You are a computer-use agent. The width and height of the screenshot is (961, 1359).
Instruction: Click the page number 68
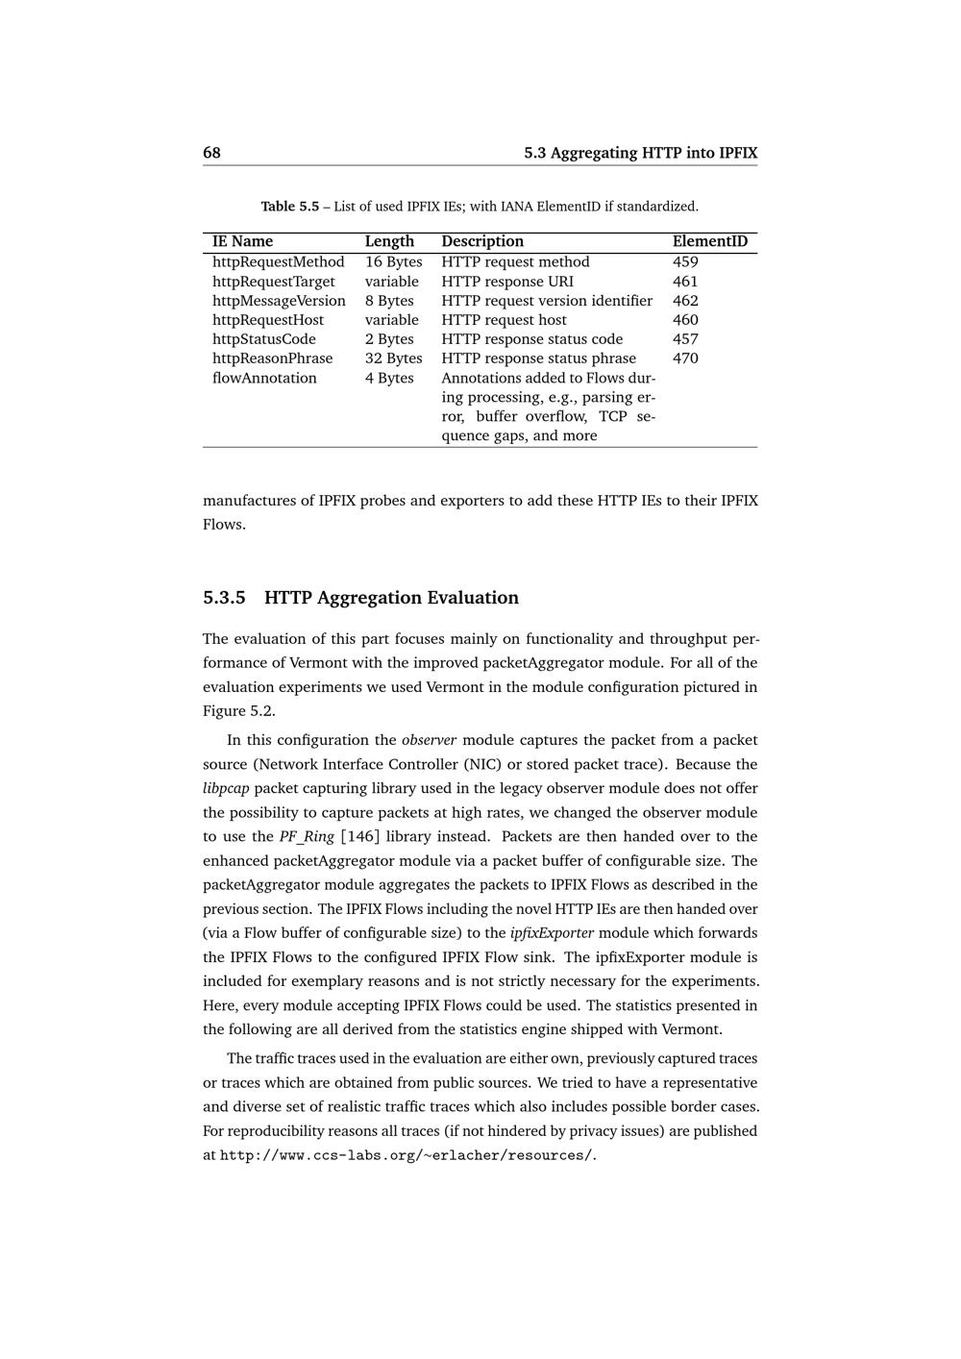point(211,153)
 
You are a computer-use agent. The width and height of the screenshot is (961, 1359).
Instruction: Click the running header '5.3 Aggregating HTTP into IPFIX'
point(640,153)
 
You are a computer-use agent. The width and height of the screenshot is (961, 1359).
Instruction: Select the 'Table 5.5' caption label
point(289,207)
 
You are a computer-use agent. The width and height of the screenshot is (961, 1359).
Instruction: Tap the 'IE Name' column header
point(242,241)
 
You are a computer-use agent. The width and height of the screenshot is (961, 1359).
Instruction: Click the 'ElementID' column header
point(709,241)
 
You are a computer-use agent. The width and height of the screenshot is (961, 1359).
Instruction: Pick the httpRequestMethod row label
point(278,261)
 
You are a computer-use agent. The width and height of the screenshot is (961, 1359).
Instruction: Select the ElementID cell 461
point(685,282)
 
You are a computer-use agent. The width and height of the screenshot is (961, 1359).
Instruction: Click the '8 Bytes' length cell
point(389,301)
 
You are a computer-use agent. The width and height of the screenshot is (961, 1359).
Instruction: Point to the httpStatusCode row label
point(263,339)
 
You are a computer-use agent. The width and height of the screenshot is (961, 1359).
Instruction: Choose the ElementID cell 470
point(685,358)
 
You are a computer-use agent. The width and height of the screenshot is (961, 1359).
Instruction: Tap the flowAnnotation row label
point(264,378)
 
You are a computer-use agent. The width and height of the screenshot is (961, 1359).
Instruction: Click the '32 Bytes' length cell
point(393,358)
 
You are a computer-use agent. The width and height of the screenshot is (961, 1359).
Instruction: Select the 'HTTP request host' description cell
point(504,320)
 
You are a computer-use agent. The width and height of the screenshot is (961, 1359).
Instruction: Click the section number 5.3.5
point(224,598)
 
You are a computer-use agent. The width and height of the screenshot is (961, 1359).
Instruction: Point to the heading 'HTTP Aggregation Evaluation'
point(391,598)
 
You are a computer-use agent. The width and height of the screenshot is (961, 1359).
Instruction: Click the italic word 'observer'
point(429,740)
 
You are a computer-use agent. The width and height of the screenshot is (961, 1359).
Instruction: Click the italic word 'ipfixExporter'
point(552,932)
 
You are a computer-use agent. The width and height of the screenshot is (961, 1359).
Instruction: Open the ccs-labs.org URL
point(407,1155)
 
